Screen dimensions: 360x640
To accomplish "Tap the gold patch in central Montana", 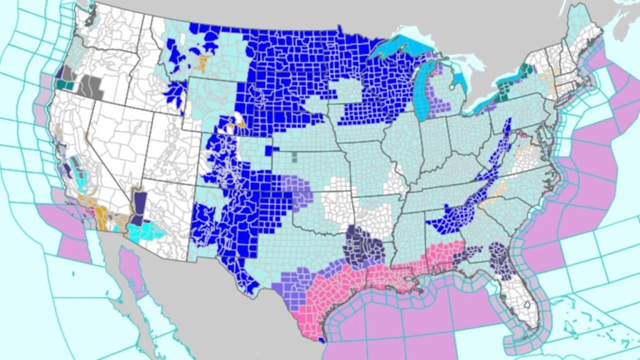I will pyautogui.click(x=201, y=62).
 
